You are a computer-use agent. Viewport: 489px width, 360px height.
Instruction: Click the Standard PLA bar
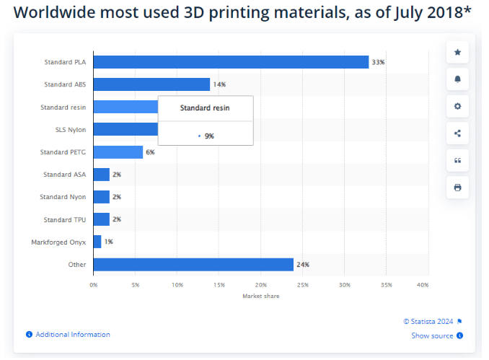point(231,62)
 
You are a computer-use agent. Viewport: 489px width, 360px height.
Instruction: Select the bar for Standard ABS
point(151,84)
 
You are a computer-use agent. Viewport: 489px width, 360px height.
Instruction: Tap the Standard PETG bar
point(118,152)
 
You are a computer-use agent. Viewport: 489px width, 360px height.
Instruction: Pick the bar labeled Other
point(193,264)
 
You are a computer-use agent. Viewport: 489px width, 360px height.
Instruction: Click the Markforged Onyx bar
point(97,242)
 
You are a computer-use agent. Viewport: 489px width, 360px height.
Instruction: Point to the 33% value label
point(378,63)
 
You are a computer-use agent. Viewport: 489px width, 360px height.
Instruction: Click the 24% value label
point(302,265)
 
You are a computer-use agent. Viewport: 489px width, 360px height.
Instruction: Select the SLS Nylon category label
point(71,129)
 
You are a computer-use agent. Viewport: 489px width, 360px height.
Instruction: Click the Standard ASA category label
point(65,175)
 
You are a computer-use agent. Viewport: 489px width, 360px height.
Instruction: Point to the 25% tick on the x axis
point(302,285)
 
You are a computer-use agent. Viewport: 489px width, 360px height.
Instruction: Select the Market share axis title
point(260,296)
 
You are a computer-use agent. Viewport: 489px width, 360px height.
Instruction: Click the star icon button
point(457,53)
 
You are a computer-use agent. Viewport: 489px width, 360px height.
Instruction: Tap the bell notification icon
point(457,79)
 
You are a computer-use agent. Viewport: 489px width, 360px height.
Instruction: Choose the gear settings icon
point(457,106)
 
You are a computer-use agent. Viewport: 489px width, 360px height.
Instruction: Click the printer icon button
point(457,188)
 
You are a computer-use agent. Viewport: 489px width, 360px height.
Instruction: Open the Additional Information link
point(72,335)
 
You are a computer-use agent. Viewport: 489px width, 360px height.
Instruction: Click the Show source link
point(432,335)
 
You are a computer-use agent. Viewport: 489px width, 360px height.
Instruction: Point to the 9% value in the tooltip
point(209,136)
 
